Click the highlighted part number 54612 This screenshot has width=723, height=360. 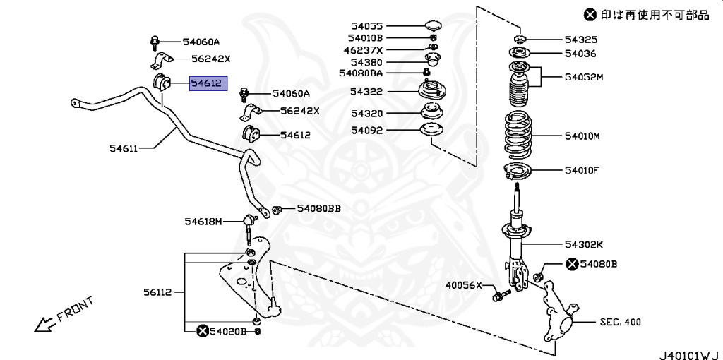[206, 83]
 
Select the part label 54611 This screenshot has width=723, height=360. [124, 148]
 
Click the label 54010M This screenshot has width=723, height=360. [582, 136]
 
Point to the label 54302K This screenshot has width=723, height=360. [583, 244]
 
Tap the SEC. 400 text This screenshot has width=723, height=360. [620, 322]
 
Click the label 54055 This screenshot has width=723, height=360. [367, 25]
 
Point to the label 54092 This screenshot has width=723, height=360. [367, 130]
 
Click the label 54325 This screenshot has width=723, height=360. [580, 40]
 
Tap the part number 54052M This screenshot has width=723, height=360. [584, 76]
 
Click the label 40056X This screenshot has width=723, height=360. [462, 286]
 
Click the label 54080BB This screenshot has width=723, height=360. [318, 208]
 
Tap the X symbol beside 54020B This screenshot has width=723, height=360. [203, 330]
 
